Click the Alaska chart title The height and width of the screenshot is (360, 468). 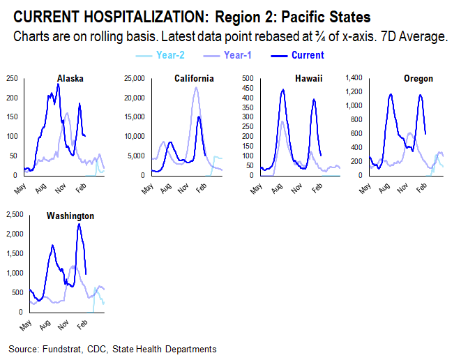(x=70, y=78)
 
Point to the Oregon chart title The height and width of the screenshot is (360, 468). (x=418, y=78)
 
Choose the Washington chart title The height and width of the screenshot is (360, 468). (x=70, y=216)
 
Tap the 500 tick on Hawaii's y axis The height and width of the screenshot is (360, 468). (x=249, y=77)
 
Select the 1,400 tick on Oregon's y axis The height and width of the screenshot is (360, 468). (x=356, y=77)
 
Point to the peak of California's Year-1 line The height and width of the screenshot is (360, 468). (x=196, y=87)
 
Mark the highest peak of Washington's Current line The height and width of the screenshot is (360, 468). (x=79, y=224)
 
